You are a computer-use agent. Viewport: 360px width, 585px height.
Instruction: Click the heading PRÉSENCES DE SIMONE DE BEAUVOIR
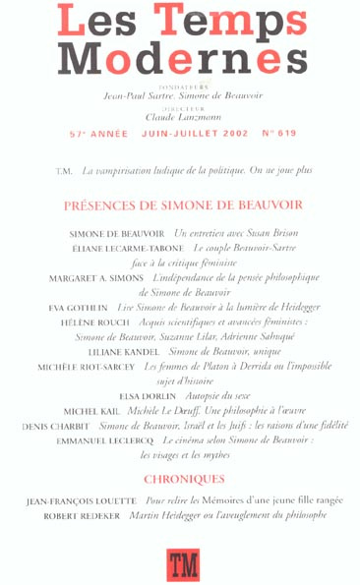(182, 205)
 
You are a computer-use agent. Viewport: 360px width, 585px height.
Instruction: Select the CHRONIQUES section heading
(182, 479)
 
